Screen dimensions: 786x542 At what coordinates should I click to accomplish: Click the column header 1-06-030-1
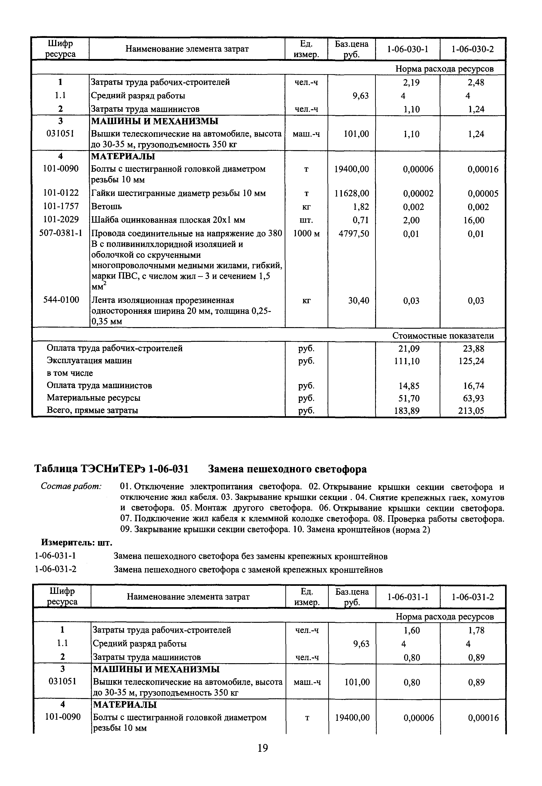click(x=407, y=49)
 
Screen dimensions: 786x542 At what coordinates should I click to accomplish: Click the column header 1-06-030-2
click(x=472, y=49)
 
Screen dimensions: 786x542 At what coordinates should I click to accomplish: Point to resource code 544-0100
click(x=61, y=300)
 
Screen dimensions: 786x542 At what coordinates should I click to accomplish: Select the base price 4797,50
click(x=354, y=234)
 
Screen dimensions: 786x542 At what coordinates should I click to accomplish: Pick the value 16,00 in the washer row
click(x=474, y=220)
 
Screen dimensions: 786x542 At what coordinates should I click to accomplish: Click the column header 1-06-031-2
click(x=473, y=597)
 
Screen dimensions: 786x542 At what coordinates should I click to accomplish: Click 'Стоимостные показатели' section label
click(x=443, y=336)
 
